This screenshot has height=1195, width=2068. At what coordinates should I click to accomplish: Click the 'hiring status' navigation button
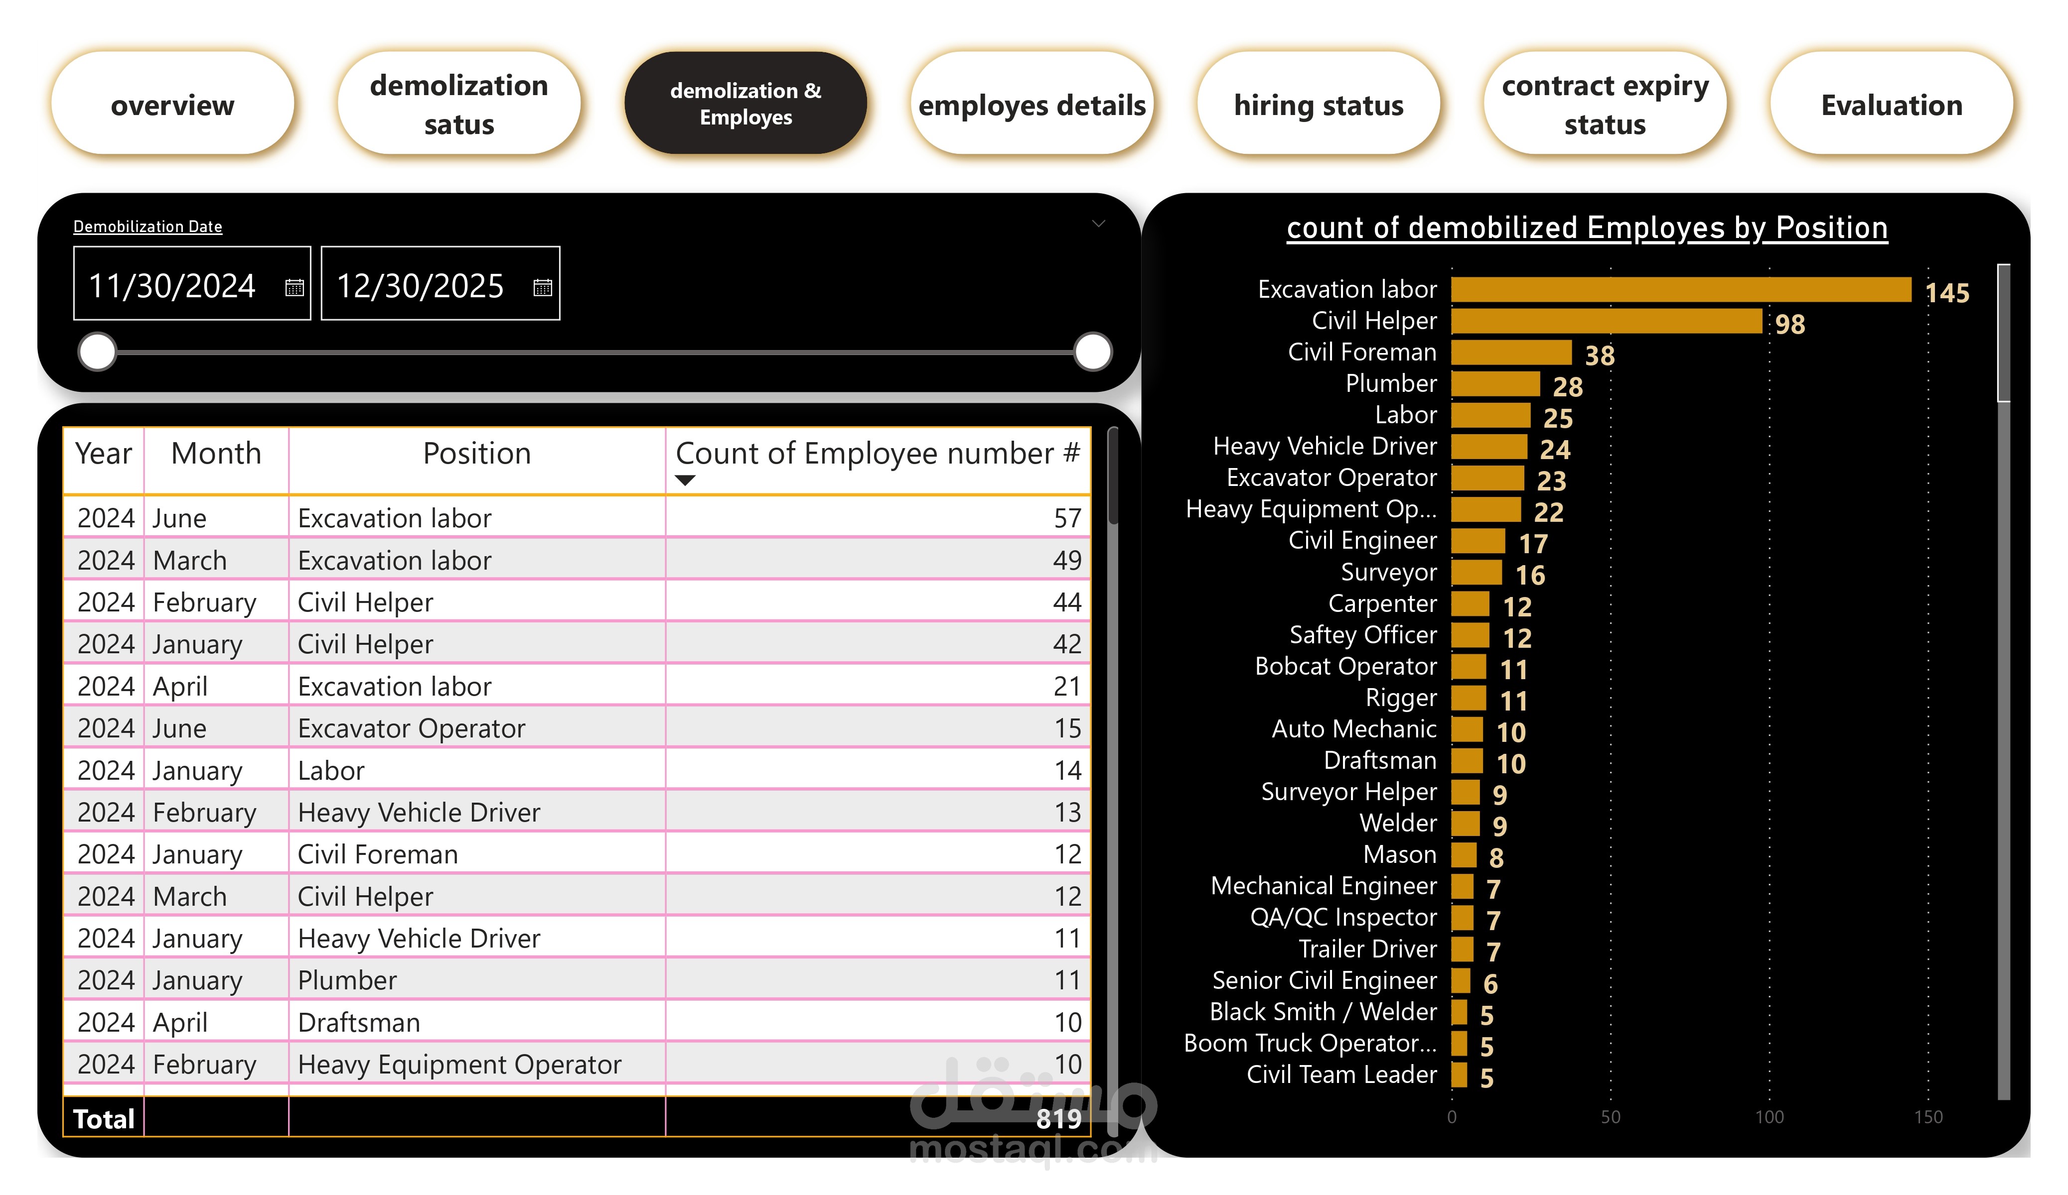pos(1318,104)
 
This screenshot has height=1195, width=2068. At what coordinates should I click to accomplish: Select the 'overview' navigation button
pos(172,104)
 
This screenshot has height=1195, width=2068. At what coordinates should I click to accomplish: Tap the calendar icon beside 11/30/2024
pos(294,287)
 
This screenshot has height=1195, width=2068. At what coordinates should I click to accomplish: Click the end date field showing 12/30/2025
pos(420,285)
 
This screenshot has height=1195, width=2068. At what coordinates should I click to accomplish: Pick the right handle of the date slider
pos(1092,352)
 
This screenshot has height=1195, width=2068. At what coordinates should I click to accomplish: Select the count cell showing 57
pos(1067,518)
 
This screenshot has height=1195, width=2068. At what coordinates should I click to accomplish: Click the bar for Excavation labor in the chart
pos(1681,289)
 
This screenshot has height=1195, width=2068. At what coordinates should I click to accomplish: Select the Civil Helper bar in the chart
pos(1606,321)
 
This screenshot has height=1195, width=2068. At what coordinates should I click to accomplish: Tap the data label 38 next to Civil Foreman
pos(1600,355)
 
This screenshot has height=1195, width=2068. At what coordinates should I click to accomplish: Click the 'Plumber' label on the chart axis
pos(1391,383)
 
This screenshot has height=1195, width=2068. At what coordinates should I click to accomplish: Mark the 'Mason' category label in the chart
pos(1399,854)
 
